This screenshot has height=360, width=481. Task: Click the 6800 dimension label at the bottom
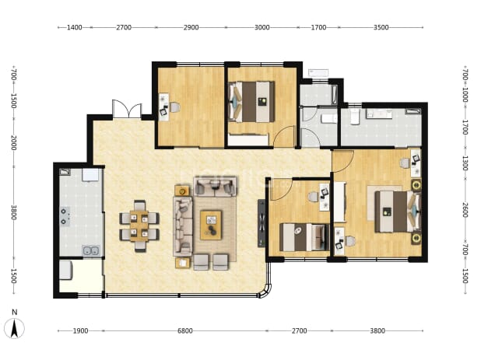[185, 331]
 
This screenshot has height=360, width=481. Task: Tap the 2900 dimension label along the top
[191, 27]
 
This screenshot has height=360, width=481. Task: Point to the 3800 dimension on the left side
[13, 212]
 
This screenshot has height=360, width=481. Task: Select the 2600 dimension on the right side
[465, 210]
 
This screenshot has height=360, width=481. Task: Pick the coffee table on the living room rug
[211, 225]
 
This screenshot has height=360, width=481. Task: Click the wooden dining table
[139, 225]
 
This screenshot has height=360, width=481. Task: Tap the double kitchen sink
[91, 250]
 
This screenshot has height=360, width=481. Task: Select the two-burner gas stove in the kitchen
[65, 216]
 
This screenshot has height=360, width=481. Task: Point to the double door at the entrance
[127, 109]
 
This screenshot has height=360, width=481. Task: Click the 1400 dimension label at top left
[74, 27]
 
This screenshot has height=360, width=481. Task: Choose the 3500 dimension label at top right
[381, 27]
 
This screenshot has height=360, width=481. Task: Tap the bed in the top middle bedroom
[251, 102]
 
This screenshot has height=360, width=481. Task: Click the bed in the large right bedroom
[398, 211]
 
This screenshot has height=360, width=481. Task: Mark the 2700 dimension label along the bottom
[299, 331]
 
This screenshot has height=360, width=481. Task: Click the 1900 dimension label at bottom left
[80, 331]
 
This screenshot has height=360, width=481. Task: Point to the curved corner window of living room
[266, 291]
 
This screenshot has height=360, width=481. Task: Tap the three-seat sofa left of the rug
[183, 226]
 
